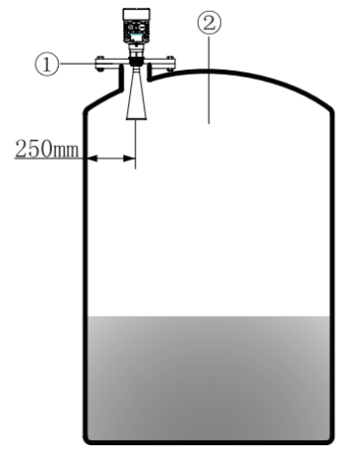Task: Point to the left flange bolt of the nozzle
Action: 100,67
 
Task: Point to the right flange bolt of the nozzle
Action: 168,67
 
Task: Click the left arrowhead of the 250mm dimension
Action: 90,157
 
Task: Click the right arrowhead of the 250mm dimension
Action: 128,157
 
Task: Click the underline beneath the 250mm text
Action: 48,158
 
